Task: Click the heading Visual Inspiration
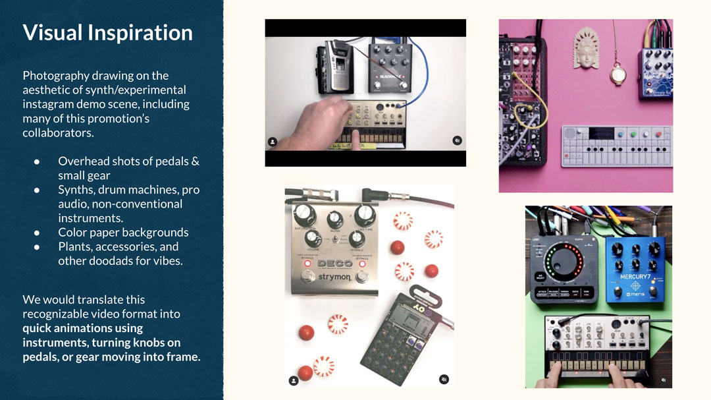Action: coord(107,33)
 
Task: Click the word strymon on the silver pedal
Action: coord(334,277)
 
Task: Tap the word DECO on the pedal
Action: coord(334,264)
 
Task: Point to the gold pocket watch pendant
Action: coord(617,73)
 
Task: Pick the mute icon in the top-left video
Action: coord(458,140)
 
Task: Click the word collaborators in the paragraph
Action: coord(59,132)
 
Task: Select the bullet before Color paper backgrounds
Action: coord(37,233)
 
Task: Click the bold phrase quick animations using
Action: coord(82,328)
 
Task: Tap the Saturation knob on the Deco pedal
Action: coord(305,213)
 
